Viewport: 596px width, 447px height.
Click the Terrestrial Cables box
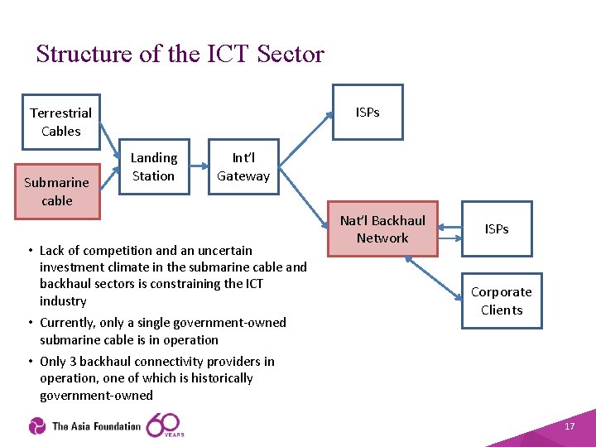point(60,122)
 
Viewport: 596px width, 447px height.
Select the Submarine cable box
point(57,191)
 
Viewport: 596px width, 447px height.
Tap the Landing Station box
point(154,166)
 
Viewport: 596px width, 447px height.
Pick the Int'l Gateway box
point(243,166)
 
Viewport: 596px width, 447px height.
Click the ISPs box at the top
point(368,112)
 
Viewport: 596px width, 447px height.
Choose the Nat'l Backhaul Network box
point(382,229)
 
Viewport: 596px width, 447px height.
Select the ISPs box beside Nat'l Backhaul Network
point(497,228)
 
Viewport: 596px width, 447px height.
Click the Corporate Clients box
point(502,300)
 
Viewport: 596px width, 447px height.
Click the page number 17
point(569,426)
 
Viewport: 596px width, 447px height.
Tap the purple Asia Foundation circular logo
point(37,426)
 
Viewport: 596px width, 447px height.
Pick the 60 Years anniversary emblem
point(165,425)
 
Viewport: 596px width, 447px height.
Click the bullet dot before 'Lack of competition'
point(30,251)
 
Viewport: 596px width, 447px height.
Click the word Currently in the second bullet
point(70,323)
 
